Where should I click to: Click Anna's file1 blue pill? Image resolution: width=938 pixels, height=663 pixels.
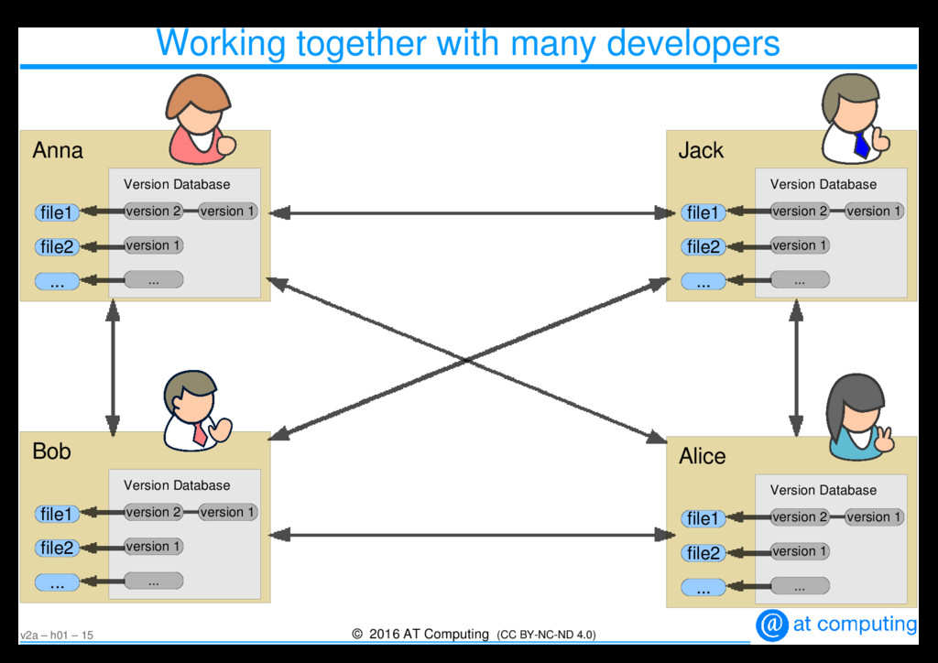pos(56,212)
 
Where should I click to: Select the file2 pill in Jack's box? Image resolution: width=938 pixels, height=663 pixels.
pos(703,246)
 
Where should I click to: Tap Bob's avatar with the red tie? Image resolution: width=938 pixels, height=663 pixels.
pos(195,411)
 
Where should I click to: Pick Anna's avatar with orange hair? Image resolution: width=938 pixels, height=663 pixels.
pos(200,118)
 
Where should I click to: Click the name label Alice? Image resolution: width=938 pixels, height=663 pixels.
pos(702,456)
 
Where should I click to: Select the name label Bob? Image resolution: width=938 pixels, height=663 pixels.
pos(51,451)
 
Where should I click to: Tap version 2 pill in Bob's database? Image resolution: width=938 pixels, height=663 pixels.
pos(153,513)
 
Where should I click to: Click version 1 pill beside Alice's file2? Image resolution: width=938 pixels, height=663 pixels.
pos(800,551)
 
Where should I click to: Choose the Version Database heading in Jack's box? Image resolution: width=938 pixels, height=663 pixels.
pos(823,184)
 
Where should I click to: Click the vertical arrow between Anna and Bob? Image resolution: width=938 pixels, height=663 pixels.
pos(113,367)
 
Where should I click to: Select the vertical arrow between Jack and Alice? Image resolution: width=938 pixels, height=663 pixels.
pos(796,367)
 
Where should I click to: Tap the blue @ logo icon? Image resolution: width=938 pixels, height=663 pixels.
pos(771,625)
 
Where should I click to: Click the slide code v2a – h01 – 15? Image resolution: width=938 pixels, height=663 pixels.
pos(56,636)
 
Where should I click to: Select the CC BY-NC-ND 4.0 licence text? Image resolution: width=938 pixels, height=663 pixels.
pos(546,635)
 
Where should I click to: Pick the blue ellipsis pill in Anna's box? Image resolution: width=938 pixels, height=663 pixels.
pos(57,282)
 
